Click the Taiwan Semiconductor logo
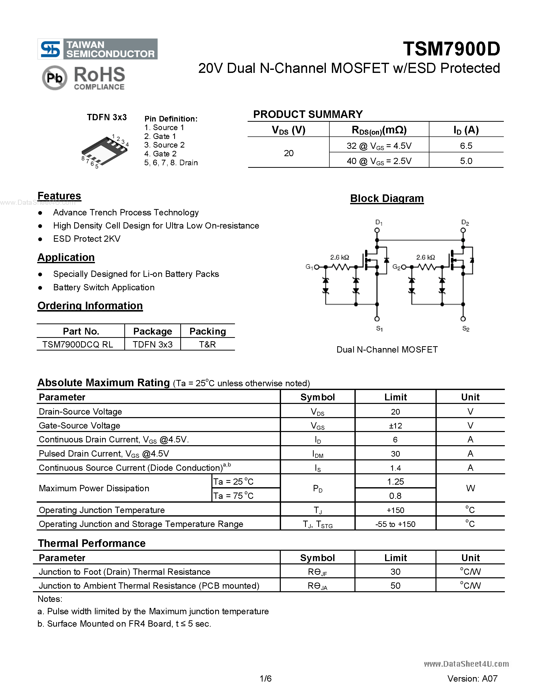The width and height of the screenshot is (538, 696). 97,49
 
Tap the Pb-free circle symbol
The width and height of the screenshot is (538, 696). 54,78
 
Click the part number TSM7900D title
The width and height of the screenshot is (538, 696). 451,49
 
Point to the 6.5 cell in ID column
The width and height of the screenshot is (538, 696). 466,146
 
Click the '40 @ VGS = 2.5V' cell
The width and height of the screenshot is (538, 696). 379,161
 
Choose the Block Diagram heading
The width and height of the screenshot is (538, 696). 387,198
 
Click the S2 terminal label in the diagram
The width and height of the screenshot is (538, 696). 466,329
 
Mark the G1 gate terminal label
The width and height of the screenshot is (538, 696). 309,267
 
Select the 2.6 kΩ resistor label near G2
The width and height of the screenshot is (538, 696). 426,257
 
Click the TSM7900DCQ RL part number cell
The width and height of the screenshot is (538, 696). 78,344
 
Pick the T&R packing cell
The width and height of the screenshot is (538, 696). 208,344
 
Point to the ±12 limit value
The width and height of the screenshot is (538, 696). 395,426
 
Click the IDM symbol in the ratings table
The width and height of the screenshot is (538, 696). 317,454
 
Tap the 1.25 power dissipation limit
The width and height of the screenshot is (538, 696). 395,482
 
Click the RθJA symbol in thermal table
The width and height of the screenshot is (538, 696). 317,586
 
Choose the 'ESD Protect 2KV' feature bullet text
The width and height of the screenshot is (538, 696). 87,239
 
